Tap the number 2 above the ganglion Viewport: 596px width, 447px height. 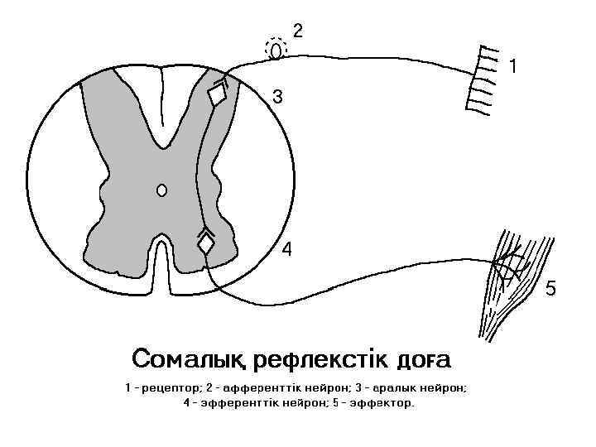coord(299,31)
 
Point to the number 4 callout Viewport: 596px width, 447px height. coord(286,248)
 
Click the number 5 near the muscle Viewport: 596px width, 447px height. coord(550,289)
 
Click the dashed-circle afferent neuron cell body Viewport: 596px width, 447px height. coord(276,50)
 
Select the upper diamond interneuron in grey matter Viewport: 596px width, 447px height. coord(218,96)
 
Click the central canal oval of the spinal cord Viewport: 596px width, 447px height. coord(162,190)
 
